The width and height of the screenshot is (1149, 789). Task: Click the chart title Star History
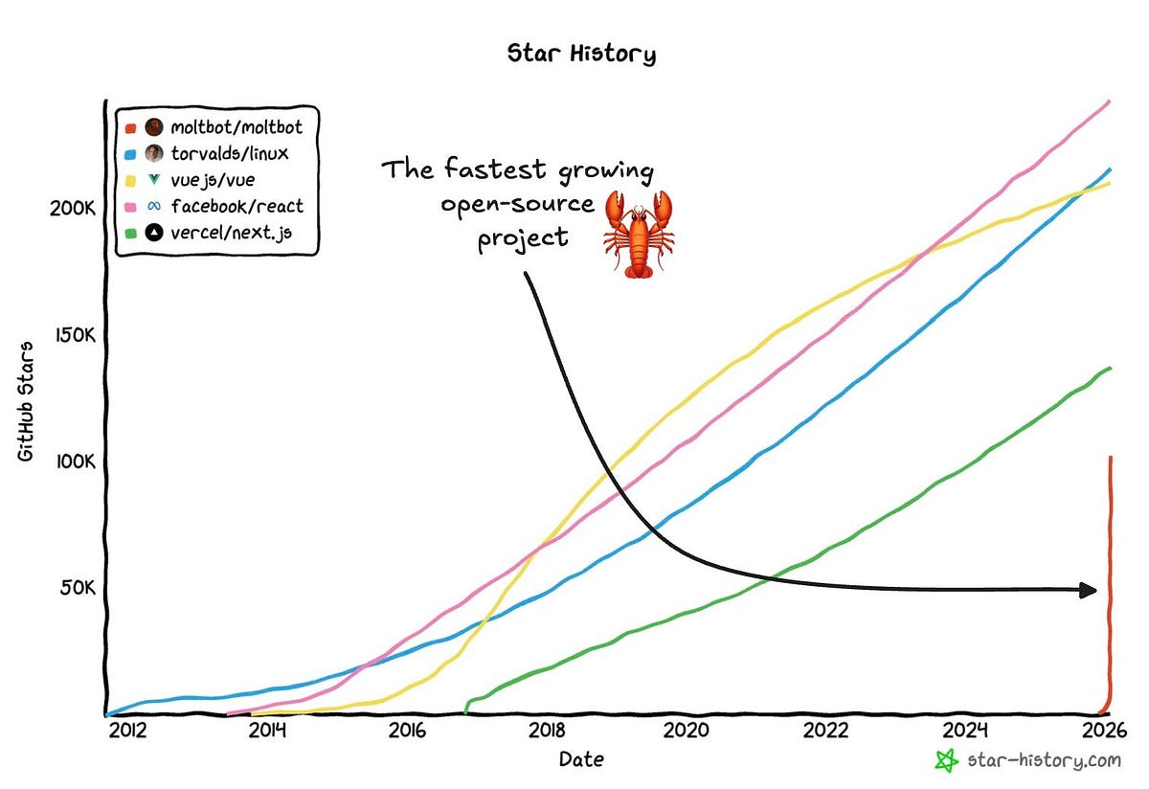(x=581, y=54)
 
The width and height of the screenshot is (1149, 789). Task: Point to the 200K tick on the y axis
(x=70, y=208)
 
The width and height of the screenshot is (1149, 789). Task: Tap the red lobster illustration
(x=637, y=234)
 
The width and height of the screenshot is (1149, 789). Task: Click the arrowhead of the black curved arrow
(x=1088, y=590)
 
